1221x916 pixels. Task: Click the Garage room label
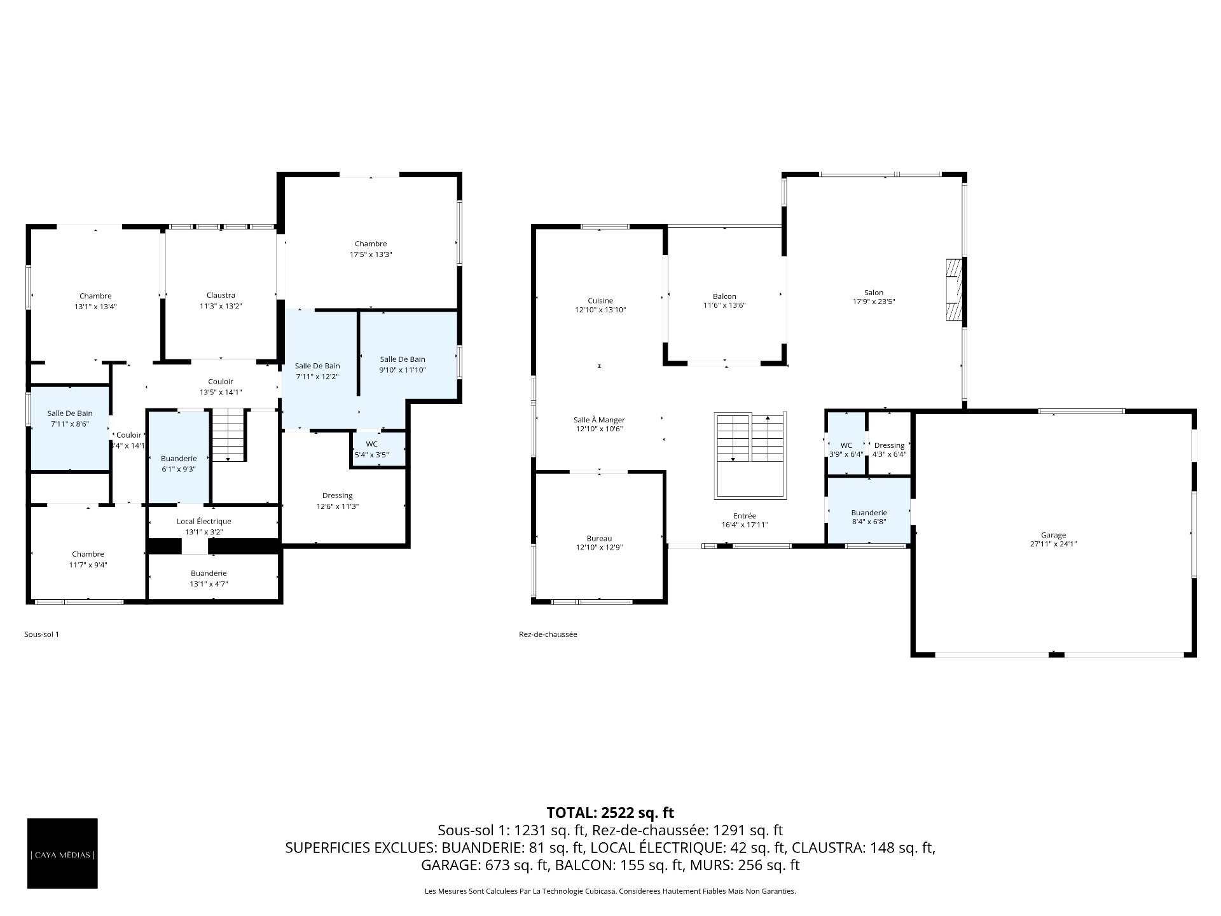click(x=1053, y=535)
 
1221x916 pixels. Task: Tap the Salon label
click(x=874, y=293)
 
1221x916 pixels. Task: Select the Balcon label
click(x=724, y=296)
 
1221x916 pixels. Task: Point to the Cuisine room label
click(x=600, y=301)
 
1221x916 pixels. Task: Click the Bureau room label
click(x=599, y=538)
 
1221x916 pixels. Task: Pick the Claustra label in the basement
click(x=221, y=295)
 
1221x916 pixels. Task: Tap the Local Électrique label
click(x=204, y=522)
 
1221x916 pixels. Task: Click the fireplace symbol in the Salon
click(x=954, y=290)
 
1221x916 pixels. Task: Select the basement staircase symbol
click(x=228, y=435)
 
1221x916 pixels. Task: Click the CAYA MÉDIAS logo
click(x=62, y=854)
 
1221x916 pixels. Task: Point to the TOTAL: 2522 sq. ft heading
click(x=610, y=812)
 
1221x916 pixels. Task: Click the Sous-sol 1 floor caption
click(x=41, y=634)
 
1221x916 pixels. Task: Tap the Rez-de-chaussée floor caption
click(x=548, y=634)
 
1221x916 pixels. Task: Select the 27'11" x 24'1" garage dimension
click(x=1053, y=544)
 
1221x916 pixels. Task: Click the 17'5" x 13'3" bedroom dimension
click(x=371, y=254)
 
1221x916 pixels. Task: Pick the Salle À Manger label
click(x=599, y=420)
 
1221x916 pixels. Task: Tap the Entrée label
click(x=744, y=516)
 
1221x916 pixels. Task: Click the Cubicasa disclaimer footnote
click(x=610, y=891)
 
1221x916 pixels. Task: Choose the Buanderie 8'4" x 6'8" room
click(x=869, y=510)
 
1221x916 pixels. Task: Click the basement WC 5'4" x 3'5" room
click(x=379, y=449)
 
